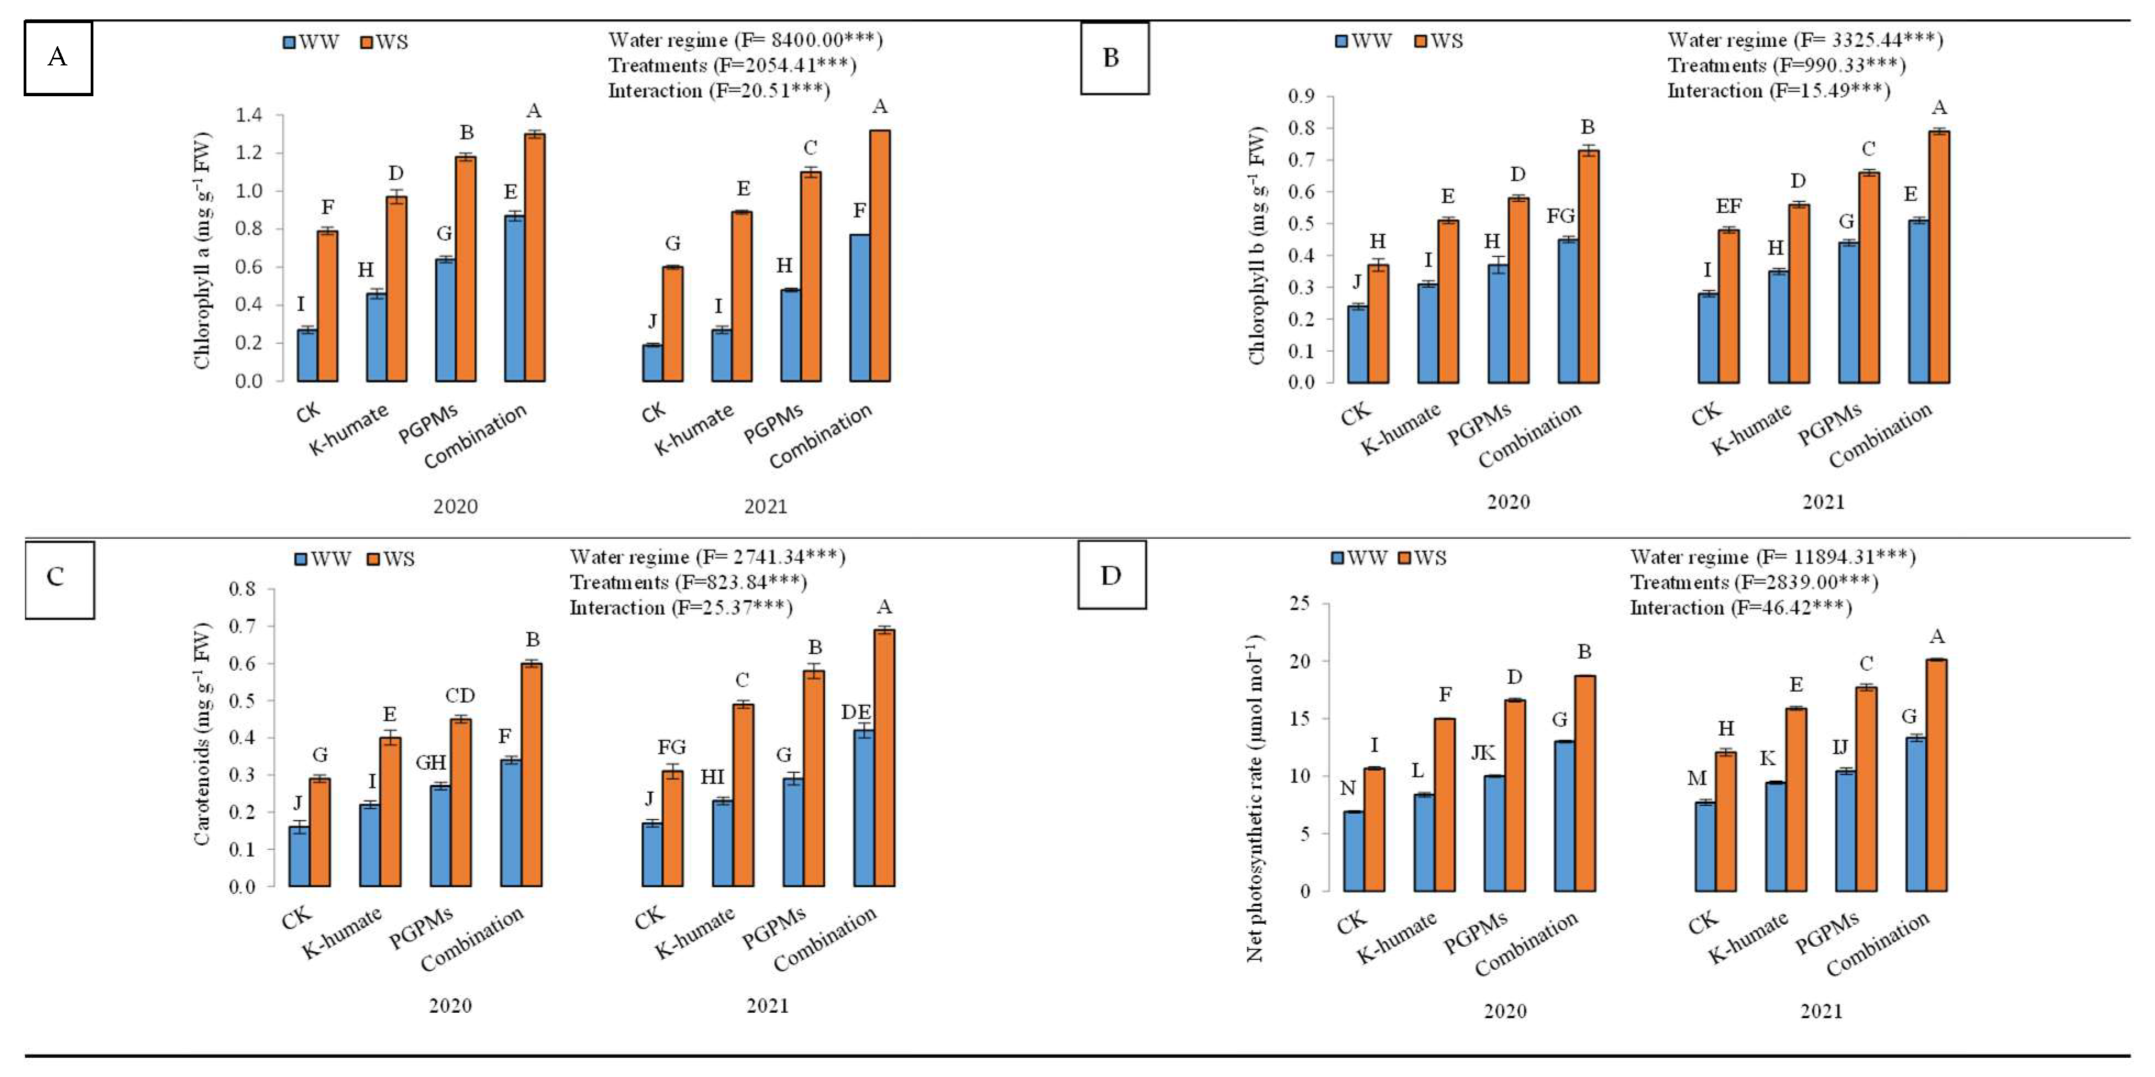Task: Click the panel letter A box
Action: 58,58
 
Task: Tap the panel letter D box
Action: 1112,575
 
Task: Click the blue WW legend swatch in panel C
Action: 301,559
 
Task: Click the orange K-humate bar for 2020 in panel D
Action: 1444,805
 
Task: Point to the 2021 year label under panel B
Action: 1823,502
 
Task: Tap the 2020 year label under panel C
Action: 450,1006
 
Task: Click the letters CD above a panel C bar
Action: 460,696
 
